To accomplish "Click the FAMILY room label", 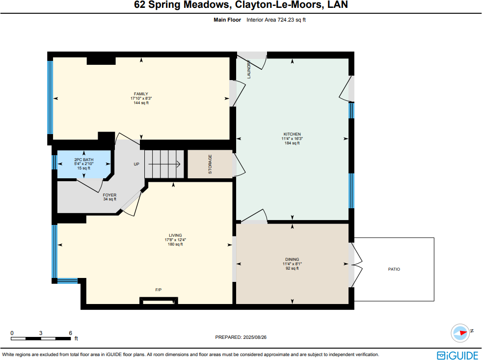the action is pyautogui.click(x=141, y=94).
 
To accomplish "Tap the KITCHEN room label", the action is pyautogui.click(x=292, y=134).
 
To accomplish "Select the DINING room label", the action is pyautogui.click(x=292, y=259).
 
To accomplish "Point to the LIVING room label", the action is pyautogui.click(x=175, y=235).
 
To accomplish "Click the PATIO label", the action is pyautogui.click(x=394, y=269).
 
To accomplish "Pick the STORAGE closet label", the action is pyautogui.click(x=210, y=165).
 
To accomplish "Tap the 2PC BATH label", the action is pyautogui.click(x=84, y=160).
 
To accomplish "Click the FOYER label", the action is pyautogui.click(x=110, y=195).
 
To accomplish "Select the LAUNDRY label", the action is pyautogui.click(x=249, y=69).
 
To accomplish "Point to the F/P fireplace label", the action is pyautogui.click(x=159, y=290).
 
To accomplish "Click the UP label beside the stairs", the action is pyautogui.click(x=136, y=165).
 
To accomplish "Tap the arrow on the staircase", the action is pyautogui.click(x=164, y=165).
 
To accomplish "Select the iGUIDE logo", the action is pyautogui.click(x=457, y=356).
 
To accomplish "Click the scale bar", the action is pyautogui.click(x=41, y=338).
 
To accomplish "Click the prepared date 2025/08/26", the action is pyautogui.click(x=255, y=337).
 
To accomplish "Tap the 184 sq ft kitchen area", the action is pyautogui.click(x=292, y=143).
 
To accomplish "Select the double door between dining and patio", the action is pyautogui.click(x=356, y=265).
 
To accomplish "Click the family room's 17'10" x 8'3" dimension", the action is pyautogui.click(x=141, y=98).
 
